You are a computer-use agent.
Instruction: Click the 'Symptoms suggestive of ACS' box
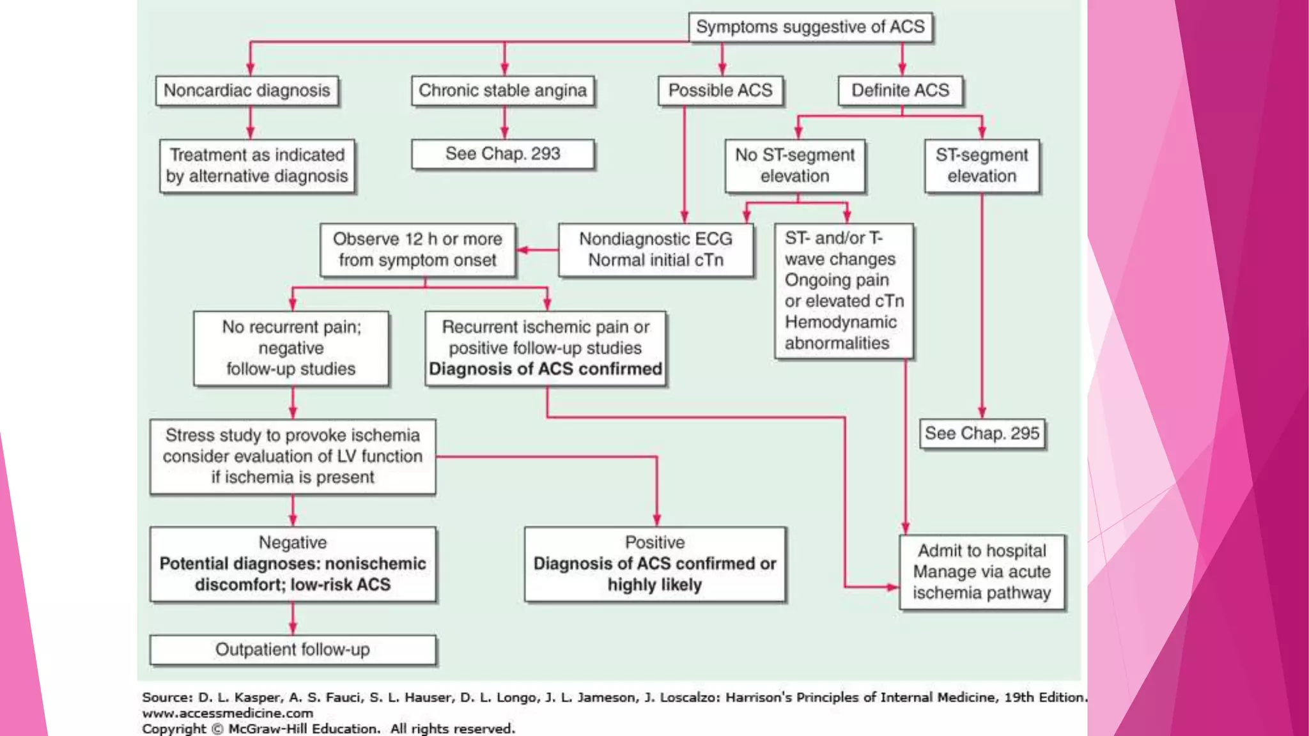810,27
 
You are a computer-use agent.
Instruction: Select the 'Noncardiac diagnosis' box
247,91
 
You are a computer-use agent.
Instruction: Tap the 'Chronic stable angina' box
502,91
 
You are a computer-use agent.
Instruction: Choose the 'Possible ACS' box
720,91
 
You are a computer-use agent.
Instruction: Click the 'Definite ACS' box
900,91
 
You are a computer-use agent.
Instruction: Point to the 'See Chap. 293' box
502,154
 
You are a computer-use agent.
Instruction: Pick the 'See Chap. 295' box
982,434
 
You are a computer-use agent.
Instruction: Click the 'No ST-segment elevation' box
794,165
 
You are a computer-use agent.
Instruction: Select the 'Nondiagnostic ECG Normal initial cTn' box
655,250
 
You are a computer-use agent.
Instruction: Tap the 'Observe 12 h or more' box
417,250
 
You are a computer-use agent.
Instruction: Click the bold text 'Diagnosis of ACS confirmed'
545,369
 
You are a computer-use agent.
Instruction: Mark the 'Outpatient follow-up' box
293,650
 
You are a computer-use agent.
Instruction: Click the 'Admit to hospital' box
982,572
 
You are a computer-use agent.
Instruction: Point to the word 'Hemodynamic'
840,322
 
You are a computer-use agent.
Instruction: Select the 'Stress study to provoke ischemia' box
293,456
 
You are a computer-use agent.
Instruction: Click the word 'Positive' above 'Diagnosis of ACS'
654,542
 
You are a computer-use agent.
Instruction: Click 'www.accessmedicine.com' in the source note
228,713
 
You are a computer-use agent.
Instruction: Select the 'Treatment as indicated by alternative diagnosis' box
257,165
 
